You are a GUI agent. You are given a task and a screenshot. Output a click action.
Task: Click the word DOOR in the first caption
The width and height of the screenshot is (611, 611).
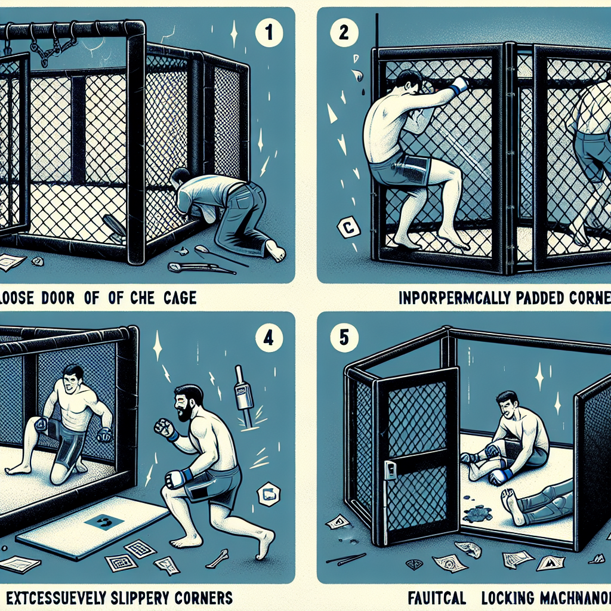[57, 297]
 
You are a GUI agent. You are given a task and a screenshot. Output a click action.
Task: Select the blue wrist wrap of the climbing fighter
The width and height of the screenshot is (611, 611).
[458, 90]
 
